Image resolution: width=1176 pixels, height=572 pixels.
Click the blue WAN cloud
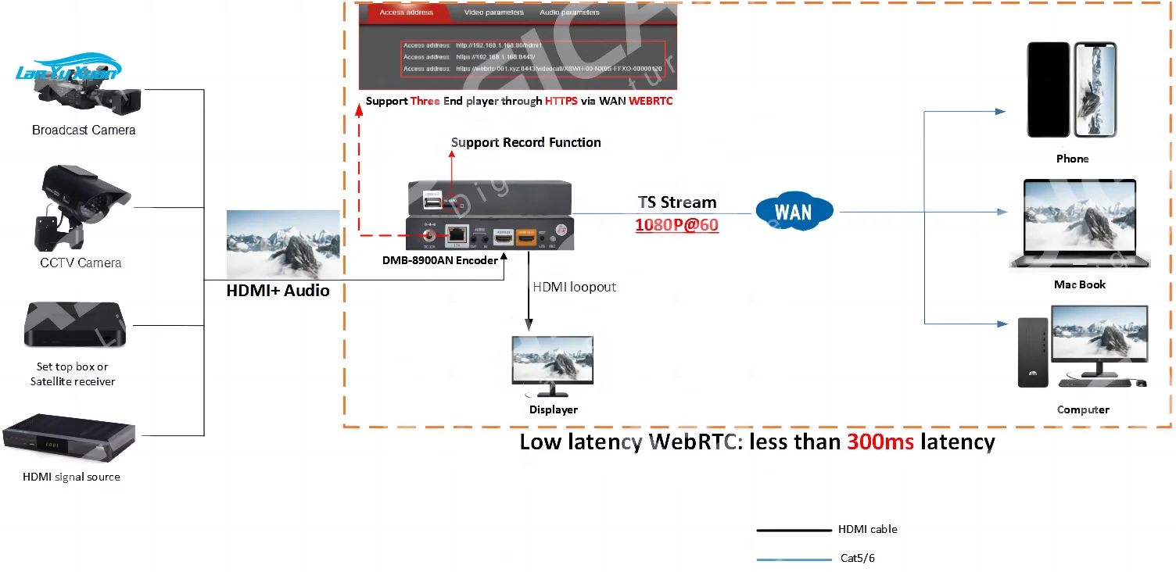pos(793,211)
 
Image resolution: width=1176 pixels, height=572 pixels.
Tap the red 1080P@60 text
pos(676,225)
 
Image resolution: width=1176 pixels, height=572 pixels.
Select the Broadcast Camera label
pos(84,130)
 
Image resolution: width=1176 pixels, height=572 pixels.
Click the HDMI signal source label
pos(71,477)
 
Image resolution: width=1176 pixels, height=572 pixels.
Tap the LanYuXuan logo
pos(68,71)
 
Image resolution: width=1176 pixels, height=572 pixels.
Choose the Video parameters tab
pos(493,13)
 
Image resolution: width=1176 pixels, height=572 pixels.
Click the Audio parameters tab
pos(569,13)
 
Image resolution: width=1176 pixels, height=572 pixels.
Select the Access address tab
pos(407,13)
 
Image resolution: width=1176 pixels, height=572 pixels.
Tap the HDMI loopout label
pos(574,287)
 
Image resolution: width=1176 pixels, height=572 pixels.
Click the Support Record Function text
pos(525,142)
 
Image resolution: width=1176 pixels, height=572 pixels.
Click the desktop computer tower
pos(1032,352)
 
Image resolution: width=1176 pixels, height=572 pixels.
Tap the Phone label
pos(1072,159)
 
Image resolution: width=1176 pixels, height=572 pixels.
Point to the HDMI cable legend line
pos(793,530)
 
